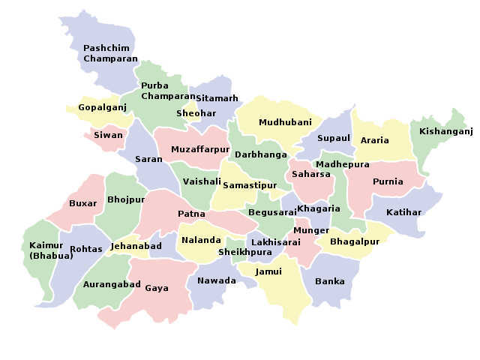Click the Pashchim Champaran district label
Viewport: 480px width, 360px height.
click(x=111, y=52)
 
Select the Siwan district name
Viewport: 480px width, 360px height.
click(x=108, y=136)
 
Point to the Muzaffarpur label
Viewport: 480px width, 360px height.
click(x=199, y=149)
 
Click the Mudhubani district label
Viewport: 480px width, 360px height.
click(x=280, y=121)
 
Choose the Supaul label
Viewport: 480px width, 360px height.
click(x=334, y=138)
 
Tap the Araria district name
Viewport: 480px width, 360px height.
click(x=375, y=140)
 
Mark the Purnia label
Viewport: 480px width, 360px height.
click(x=388, y=181)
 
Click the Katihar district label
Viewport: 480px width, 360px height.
click(x=404, y=212)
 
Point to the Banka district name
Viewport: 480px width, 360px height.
click(x=330, y=281)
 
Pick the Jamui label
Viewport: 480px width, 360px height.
click(x=268, y=271)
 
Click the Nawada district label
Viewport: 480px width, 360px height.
click(x=217, y=281)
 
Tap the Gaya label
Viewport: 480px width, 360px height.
click(x=157, y=287)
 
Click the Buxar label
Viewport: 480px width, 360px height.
click(x=82, y=203)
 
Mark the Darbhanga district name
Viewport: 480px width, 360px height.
click(x=261, y=154)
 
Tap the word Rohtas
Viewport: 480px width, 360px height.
click(x=85, y=249)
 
